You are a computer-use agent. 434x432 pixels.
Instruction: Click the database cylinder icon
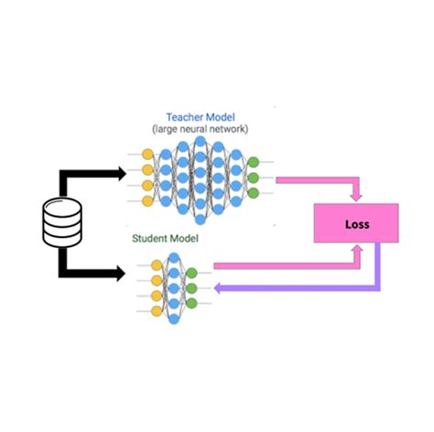point(63,222)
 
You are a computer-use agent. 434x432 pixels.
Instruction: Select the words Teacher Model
point(200,118)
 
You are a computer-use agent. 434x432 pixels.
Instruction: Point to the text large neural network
point(200,130)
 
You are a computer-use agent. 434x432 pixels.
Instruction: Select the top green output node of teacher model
point(254,162)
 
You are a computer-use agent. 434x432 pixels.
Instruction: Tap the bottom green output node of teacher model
point(254,193)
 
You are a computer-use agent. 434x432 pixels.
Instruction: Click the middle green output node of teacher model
point(254,178)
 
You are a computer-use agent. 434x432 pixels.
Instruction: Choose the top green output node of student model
point(191,272)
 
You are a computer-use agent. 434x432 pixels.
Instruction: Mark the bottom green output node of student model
point(191,303)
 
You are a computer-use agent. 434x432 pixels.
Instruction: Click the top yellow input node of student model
point(157,265)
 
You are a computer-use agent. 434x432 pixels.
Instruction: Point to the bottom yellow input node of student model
point(157,309)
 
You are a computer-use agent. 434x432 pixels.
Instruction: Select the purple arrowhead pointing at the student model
point(220,286)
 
